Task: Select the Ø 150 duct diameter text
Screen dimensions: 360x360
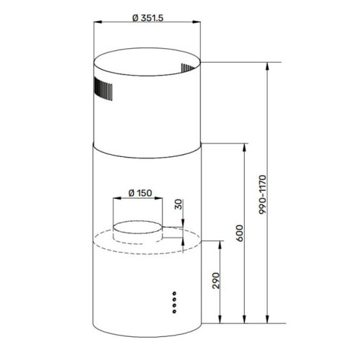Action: point(138,192)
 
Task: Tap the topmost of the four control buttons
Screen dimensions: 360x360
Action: point(174,294)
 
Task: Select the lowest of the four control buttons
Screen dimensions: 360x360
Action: point(174,310)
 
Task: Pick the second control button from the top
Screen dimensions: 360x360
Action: point(174,300)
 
